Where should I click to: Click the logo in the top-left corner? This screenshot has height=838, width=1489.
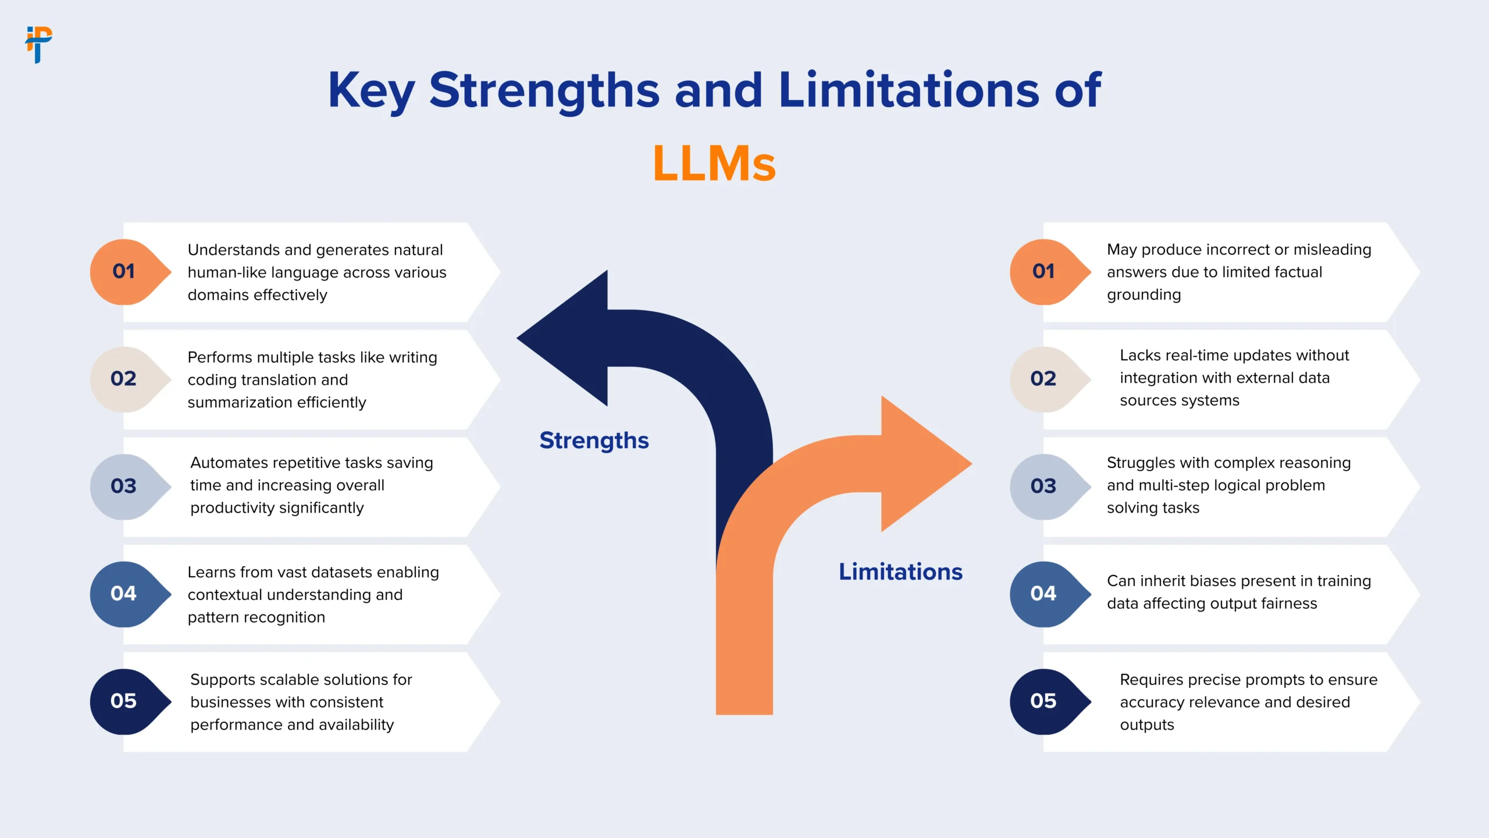click(38, 44)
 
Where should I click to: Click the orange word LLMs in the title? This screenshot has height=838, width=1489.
click(714, 164)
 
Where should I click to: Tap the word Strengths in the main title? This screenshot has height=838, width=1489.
click(544, 91)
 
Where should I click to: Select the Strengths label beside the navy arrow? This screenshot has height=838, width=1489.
click(594, 441)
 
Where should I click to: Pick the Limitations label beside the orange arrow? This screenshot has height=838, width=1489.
click(900, 572)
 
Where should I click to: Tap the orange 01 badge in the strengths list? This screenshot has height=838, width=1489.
click(124, 272)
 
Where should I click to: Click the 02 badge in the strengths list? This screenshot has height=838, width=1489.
click(124, 379)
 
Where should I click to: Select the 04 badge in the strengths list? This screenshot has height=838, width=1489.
click(124, 594)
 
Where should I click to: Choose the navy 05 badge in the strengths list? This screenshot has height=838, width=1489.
click(124, 701)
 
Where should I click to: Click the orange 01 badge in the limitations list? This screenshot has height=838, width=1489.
click(1043, 272)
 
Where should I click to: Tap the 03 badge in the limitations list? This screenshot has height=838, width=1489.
click(1043, 487)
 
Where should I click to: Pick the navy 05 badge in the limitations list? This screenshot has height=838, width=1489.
click(1043, 701)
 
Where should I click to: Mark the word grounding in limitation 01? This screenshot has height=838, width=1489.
click(1144, 295)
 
